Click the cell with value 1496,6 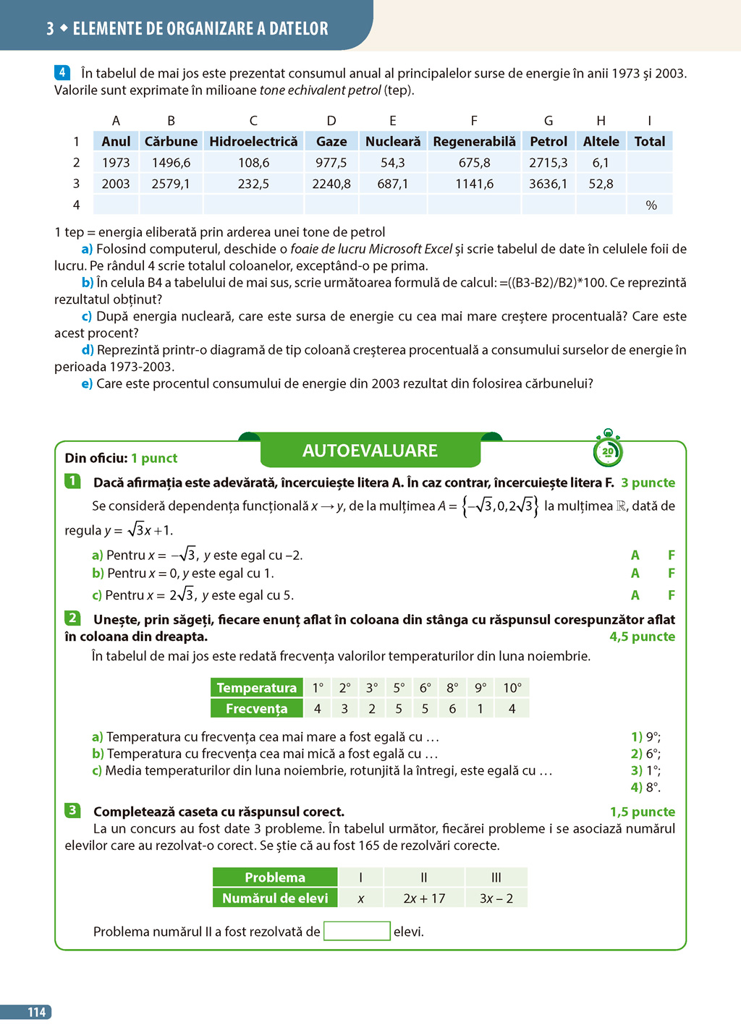(171, 163)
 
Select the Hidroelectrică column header (253, 142)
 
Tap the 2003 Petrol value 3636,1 (548, 184)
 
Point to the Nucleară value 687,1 (392, 184)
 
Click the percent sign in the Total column (651, 205)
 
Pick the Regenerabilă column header (474, 142)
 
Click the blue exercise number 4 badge (62, 72)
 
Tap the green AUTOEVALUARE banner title (370, 451)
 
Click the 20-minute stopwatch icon (608, 450)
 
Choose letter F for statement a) (672, 556)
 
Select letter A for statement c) (635, 595)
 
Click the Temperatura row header (256, 688)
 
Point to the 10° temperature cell (512, 688)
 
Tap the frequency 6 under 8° (452, 709)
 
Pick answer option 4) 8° (645, 787)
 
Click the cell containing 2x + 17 (424, 898)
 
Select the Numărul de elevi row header (275, 898)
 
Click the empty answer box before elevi (357, 931)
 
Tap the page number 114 (36, 1012)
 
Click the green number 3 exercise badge (72, 810)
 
